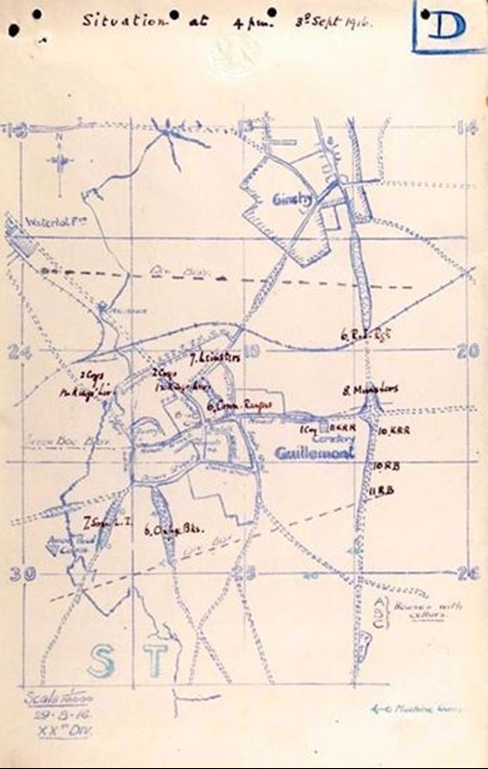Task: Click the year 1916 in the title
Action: click(x=358, y=17)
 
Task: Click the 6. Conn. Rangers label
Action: click(x=239, y=406)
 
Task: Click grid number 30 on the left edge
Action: click(x=25, y=573)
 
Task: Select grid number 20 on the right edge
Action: click(x=467, y=352)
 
